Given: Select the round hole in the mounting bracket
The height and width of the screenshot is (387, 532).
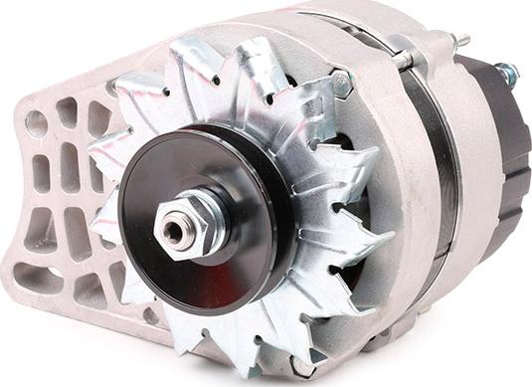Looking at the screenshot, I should tap(37, 123).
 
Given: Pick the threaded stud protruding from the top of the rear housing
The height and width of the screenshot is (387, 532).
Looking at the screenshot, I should tap(459, 42).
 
